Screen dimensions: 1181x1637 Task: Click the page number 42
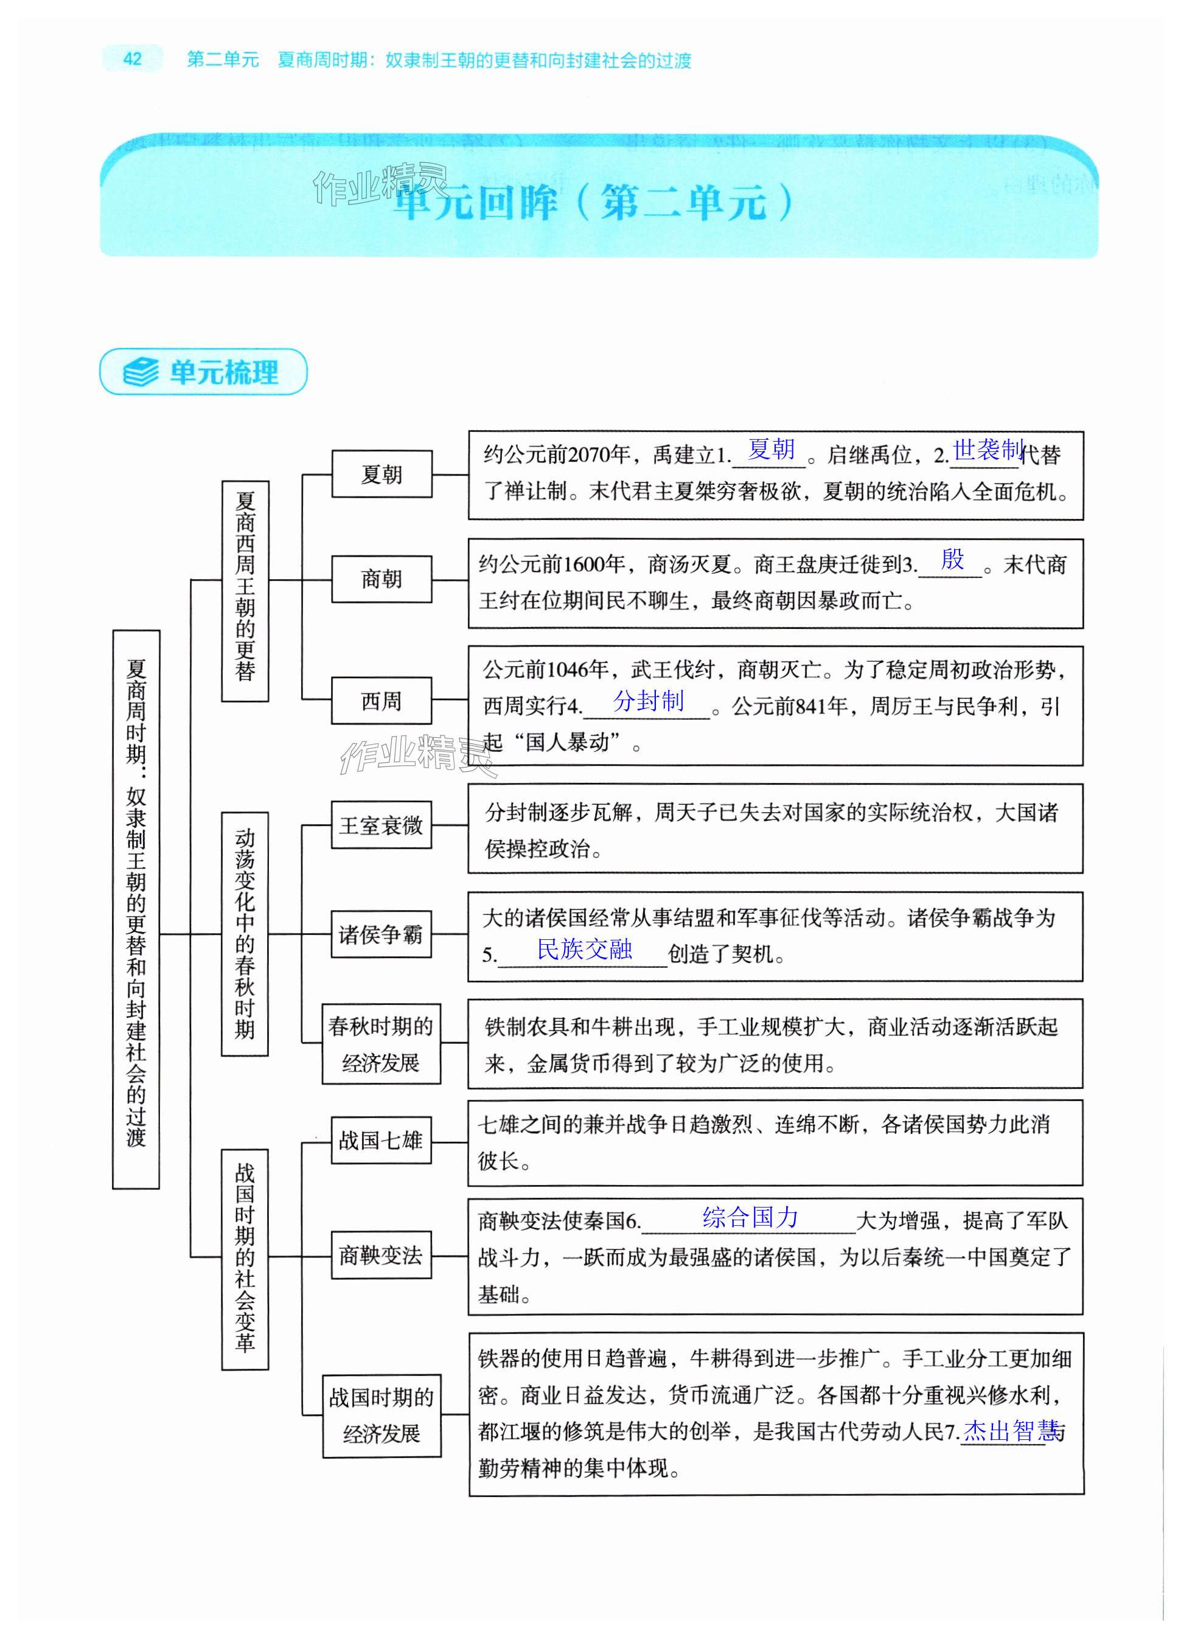tap(132, 58)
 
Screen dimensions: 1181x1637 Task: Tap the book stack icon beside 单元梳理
tap(141, 372)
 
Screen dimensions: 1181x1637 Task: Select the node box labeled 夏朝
tap(381, 474)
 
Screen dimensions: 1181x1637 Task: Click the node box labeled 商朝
tap(381, 579)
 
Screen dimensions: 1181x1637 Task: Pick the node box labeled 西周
tap(381, 700)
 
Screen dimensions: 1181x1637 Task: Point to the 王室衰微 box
tap(381, 825)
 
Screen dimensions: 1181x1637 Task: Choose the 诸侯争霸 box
tap(381, 935)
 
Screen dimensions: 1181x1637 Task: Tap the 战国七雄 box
tap(381, 1141)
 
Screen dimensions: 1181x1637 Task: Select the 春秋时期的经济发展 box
tap(381, 1044)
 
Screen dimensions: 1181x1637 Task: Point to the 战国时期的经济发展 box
tap(381, 1416)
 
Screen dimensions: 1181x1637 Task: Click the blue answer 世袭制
tap(988, 450)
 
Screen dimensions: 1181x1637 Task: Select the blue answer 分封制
tap(647, 700)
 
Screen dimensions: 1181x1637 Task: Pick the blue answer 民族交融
tap(584, 949)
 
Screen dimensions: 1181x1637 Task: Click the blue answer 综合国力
tap(750, 1218)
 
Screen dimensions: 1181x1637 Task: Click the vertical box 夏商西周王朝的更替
tap(245, 591)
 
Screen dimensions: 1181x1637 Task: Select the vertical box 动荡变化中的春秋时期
tap(245, 934)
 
